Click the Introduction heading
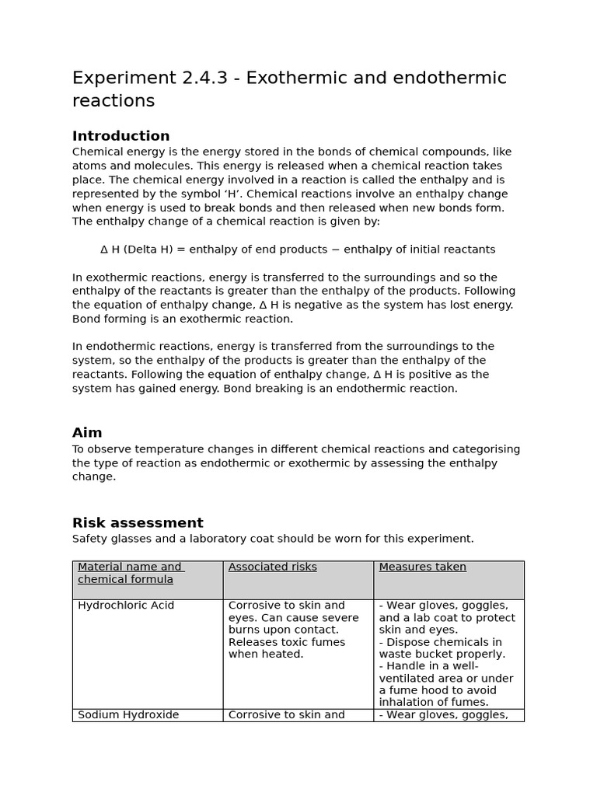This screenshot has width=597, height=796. [x=120, y=136]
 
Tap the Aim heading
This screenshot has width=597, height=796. [x=87, y=432]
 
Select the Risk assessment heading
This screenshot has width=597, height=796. [x=138, y=522]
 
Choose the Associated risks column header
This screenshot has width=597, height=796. [x=272, y=567]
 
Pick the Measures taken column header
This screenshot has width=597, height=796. [x=422, y=567]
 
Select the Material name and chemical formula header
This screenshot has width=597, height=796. [x=130, y=573]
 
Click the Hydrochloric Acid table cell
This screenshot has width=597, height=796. [x=126, y=605]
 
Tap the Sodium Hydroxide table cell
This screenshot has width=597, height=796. [x=128, y=714]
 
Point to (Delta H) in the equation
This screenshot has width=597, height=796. [x=151, y=250]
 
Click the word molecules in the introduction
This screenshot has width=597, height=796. [x=155, y=166]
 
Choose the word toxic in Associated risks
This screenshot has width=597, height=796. [x=294, y=642]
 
